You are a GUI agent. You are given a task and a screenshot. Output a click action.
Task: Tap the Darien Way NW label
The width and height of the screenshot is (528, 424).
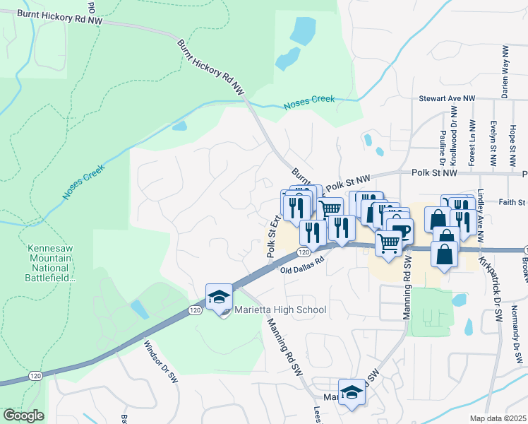point(505,72)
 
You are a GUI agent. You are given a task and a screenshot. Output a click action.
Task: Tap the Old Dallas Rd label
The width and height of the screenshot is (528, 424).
point(301,264)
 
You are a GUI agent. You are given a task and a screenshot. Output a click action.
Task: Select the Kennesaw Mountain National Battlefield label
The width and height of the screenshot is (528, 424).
point(49,263)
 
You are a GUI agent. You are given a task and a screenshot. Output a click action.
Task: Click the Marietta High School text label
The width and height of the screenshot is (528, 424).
point(280,310)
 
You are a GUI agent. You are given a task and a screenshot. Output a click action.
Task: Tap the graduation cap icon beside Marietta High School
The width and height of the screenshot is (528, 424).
point(219,298)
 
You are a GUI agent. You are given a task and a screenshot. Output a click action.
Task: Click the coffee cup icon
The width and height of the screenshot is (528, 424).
point(400,230)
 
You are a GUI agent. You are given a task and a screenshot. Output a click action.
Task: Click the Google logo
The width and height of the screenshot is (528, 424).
point(23,416)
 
